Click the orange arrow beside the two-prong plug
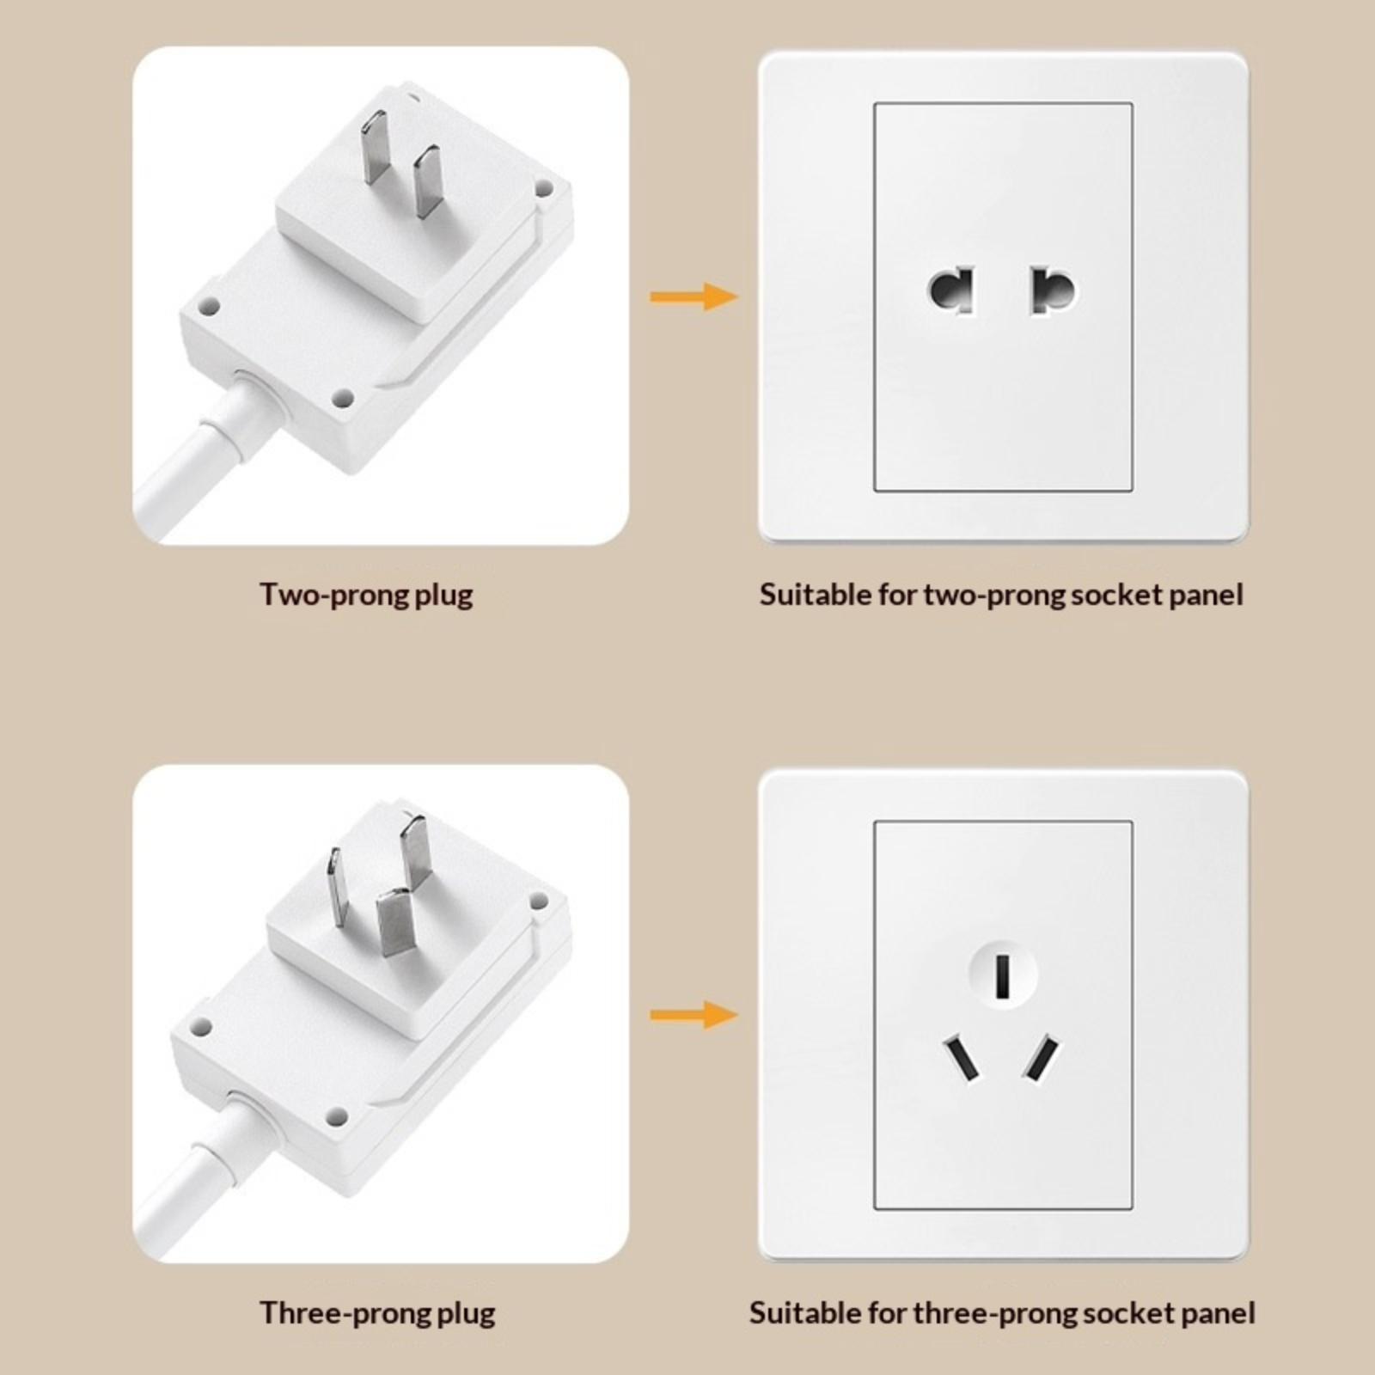[x=694, y=297]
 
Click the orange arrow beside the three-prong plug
[x=694, y=1016]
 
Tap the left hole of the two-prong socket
[x=952, y=291]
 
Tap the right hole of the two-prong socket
[x=1053, y=291]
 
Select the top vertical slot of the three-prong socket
[x=1002, y=975]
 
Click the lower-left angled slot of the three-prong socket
[x=962, y=1059]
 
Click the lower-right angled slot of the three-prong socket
[x=1041, y=1059]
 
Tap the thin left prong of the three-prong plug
[x=337, y=889]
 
